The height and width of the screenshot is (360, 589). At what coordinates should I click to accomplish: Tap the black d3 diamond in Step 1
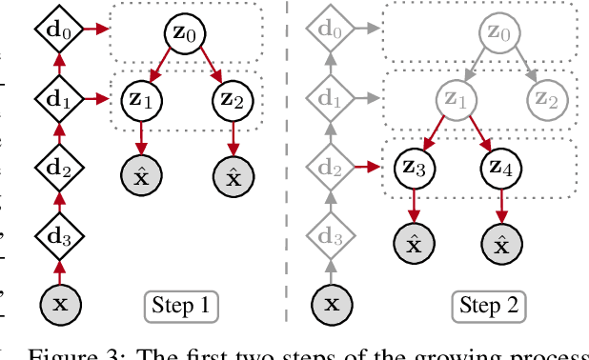click(x=59, y=232)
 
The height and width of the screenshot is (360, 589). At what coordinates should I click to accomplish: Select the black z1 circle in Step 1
click(x=141, y=98)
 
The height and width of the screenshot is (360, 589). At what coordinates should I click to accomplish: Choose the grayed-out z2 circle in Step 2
click(x=547, y=98)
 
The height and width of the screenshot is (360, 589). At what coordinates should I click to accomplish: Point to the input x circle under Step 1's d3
click(x=59, y=305)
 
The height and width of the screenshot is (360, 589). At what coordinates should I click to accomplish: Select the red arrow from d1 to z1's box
click(x=93, y=96)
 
